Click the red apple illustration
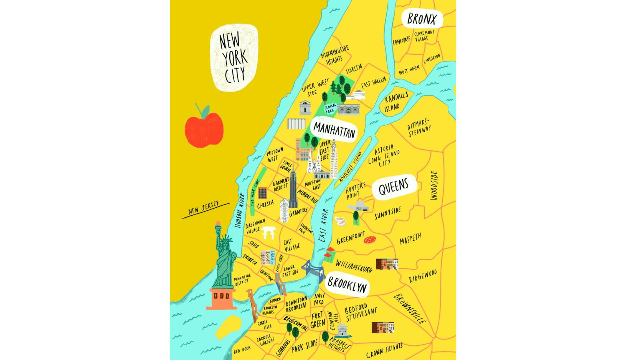[x=204, y=130]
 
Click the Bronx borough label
[x=421, y=19]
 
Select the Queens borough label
[x=394, y=188]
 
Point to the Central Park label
[x=330, y=108]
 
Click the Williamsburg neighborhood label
[x=354, y=266]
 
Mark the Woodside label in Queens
[x=434, y=185]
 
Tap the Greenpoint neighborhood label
[x=351, y=238]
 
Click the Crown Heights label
[x=384, y=350]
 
